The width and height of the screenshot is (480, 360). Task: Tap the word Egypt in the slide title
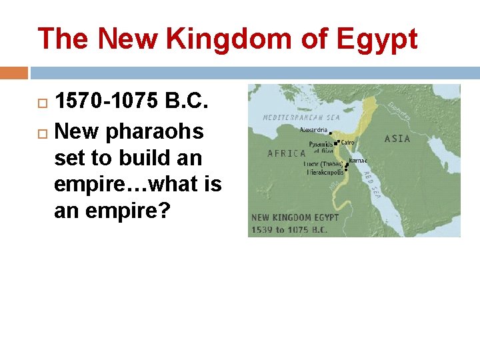(x=377, y=40)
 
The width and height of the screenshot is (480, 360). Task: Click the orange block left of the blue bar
(x=14, y=72)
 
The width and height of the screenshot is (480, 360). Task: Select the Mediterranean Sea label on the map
(x=302, y=117)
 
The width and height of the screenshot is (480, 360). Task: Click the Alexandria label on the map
(x=314, y=130)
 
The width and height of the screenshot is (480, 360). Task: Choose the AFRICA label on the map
(x=286, y=153)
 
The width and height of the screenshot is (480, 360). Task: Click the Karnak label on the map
(x=358, y=161)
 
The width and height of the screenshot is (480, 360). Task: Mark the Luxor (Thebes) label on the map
(x=323, y=163)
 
